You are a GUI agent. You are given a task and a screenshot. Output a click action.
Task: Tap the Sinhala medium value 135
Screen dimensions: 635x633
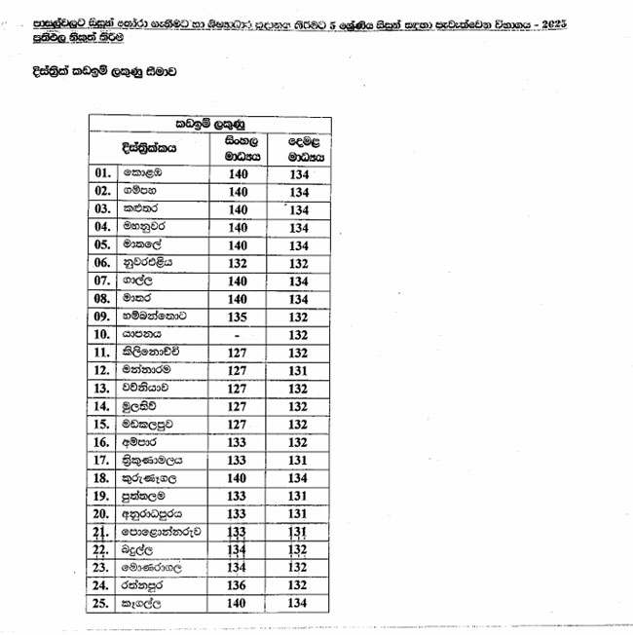239,316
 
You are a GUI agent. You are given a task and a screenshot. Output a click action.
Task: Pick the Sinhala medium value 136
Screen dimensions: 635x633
239,585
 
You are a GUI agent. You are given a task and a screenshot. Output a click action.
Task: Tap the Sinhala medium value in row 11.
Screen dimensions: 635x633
239,352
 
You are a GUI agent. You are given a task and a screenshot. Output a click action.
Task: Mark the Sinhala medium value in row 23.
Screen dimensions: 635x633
239,567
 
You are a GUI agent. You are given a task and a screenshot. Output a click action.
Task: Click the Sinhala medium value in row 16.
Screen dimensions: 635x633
239,441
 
